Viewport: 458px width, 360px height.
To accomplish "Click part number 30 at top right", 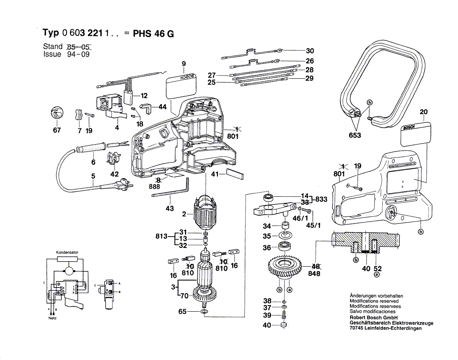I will point(310,51).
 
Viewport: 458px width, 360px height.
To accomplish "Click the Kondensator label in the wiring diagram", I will point(67,252).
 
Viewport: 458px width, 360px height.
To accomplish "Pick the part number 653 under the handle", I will point(355,135).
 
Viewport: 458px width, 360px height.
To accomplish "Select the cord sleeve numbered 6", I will point(90,148).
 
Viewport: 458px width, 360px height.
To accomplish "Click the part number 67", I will point(57,130).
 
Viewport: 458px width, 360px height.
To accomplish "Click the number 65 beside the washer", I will point(182,311).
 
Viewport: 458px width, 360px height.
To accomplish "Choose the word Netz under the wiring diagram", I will point(52,318).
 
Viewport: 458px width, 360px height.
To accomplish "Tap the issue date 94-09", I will point(78,54).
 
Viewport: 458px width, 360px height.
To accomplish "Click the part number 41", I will point(214,175).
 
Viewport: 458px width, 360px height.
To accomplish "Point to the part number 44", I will point(162,107).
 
